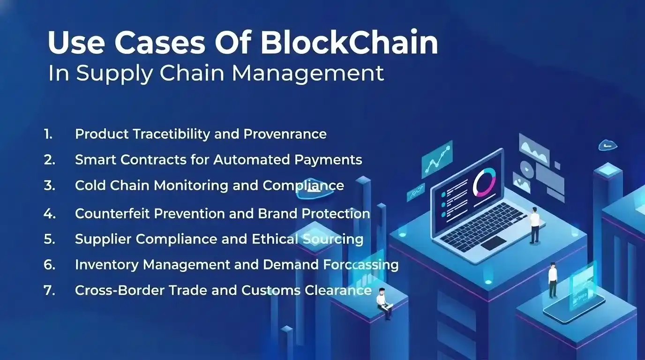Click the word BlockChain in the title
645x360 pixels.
[x=349, y=43]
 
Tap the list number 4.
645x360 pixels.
[x=49, y=214]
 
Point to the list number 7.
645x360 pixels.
[x=49, y=290]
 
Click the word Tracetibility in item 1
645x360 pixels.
[x=171, y=134]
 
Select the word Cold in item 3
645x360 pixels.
[x=90, y=185]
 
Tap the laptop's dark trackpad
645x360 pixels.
[x=493, y=242]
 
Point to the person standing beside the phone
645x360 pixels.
[x=553, y=280]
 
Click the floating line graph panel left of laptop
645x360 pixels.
[x=437, y=159]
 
